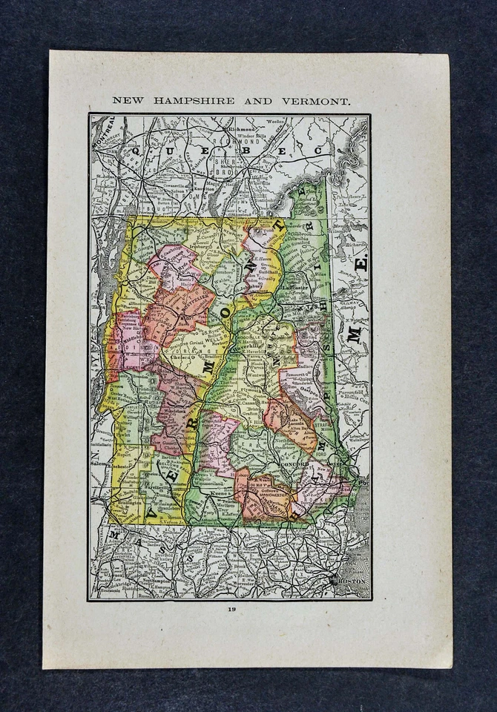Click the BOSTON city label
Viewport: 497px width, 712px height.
click(x=352, y=582)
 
